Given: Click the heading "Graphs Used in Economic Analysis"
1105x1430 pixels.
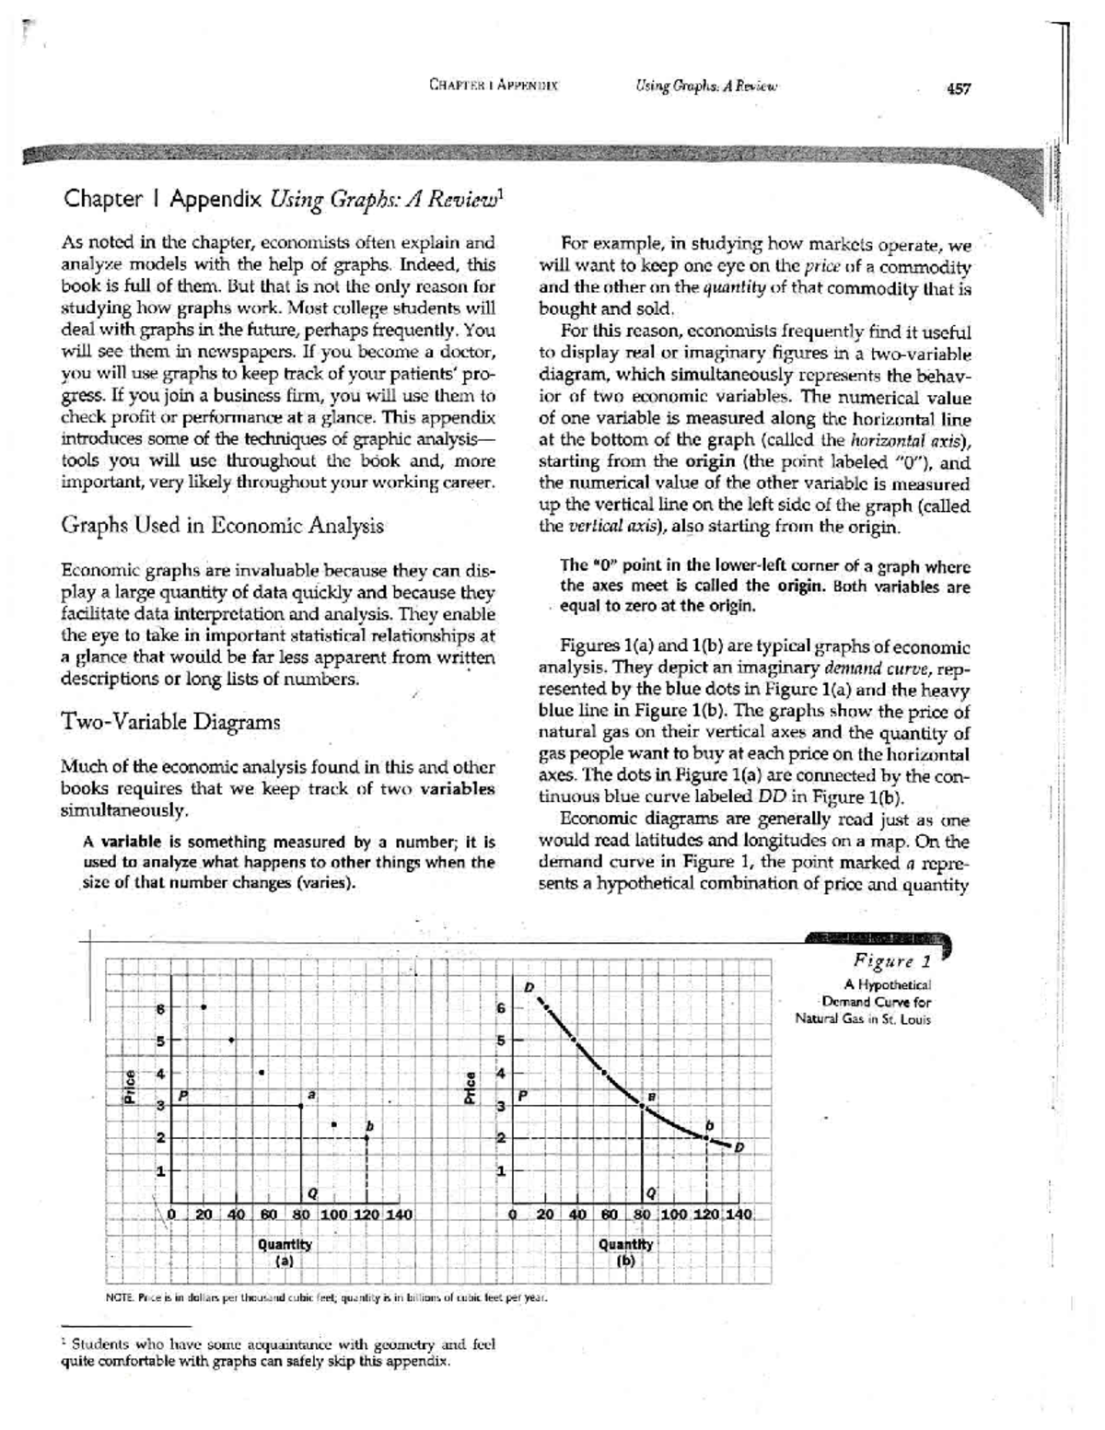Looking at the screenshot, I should pos(221,526).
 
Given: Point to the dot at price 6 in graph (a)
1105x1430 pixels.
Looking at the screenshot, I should pos(204,1006).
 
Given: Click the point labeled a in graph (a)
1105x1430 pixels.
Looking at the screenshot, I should pos(302,1105).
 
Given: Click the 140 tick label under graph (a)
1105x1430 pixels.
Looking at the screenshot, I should pos(397,1214).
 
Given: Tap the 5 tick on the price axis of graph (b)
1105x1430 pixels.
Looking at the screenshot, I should pos(502,1041).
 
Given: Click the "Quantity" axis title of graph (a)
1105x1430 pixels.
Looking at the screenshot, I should pos(285,1243).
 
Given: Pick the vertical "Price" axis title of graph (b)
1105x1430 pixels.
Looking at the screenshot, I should pos(471,1087).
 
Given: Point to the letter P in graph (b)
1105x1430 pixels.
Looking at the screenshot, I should pos(523,1096).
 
